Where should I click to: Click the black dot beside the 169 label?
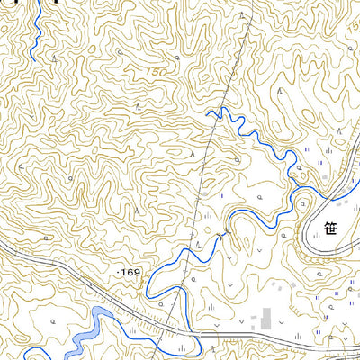pos(117,270)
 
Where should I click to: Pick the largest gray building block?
pos(265,318)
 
